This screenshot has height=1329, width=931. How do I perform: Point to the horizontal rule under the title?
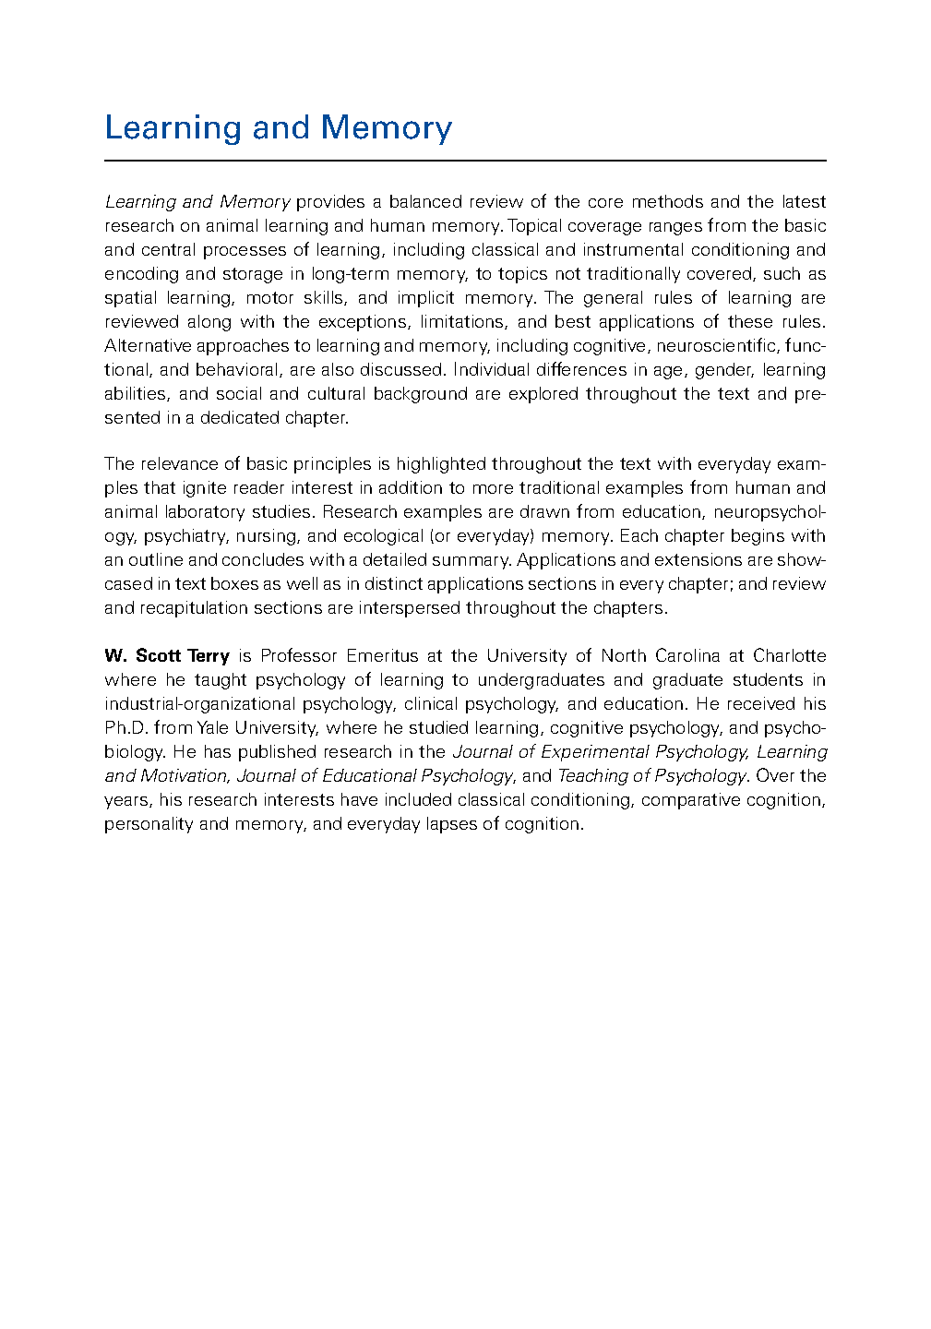[x=465, y=161]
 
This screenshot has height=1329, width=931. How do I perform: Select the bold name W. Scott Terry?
[x=167, y=656]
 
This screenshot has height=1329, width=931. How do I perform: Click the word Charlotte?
[x=789, y=656]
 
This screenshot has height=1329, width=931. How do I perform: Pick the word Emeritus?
[x=382, y=656]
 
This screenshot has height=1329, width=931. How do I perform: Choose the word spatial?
[x=130, y=298]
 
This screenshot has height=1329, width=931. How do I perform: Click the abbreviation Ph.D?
[x=125, y=728]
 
